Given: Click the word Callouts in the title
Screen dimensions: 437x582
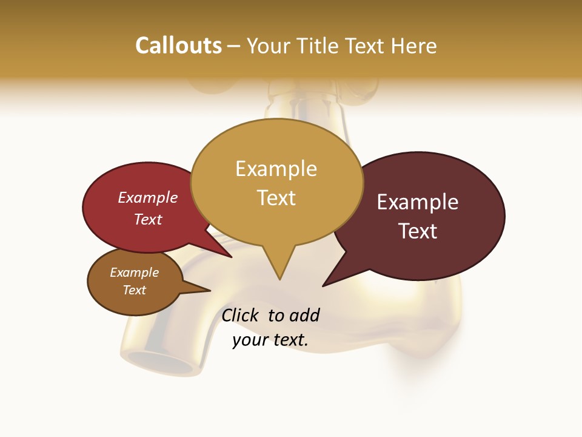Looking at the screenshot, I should [178, 46].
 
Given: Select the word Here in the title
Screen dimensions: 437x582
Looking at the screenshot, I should [414, 46].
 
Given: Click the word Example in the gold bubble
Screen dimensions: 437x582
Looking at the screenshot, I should [276, 169].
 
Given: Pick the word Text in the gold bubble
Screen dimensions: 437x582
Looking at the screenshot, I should [276, 198].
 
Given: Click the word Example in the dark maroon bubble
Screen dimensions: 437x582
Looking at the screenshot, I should [418, 202].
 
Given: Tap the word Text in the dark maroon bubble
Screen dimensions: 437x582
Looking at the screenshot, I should [418, 231].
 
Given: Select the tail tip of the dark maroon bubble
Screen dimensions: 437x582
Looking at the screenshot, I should [324, 285].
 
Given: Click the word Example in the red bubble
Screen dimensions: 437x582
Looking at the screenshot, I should [148, 197].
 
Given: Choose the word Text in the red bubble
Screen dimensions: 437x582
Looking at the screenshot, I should [148, 219].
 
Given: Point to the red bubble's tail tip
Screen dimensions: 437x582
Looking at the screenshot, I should [231, 257].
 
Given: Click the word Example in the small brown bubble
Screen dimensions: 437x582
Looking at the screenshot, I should [135, 273].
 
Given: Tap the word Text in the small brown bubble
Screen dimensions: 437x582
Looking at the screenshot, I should [135, 290].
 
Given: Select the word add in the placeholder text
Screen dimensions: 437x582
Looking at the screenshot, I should [304, 315].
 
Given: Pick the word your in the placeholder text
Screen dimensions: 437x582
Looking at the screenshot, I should [249, 340].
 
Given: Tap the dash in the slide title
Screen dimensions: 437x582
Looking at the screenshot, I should [234, 46].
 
